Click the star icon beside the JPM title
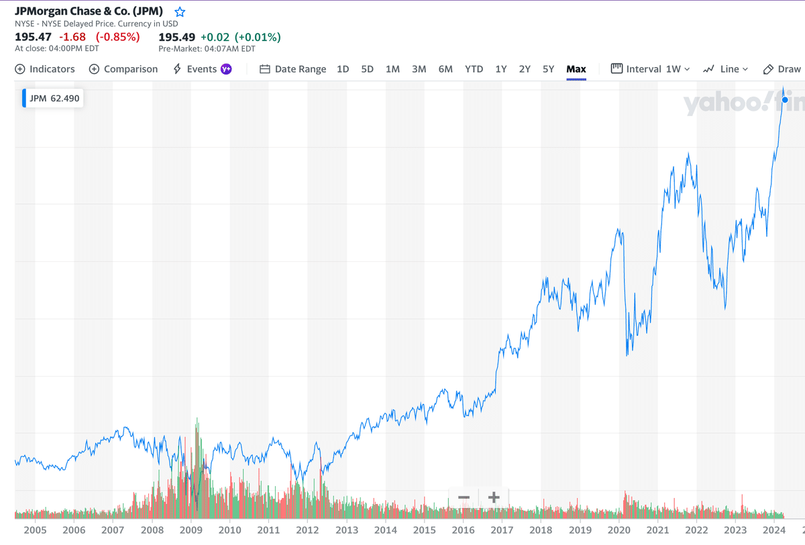(179, 12)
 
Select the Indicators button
(45, 69)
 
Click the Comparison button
(123, 69)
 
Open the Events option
(201, 69)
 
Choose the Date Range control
(293, 69)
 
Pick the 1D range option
(343, 69)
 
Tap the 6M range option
(445, 69)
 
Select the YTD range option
(474, 69)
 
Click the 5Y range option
(548, 69)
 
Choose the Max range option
(576, 69)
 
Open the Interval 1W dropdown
(651, 69)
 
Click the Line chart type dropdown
(725, 69)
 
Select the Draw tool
(782, 69)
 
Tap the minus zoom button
(464, 497)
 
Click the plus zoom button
(494, 497)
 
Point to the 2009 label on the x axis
(191, 530)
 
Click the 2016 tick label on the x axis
(463, 530)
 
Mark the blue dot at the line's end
(785, 99)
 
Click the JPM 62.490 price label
(54, 98)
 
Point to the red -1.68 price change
(72, 37)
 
